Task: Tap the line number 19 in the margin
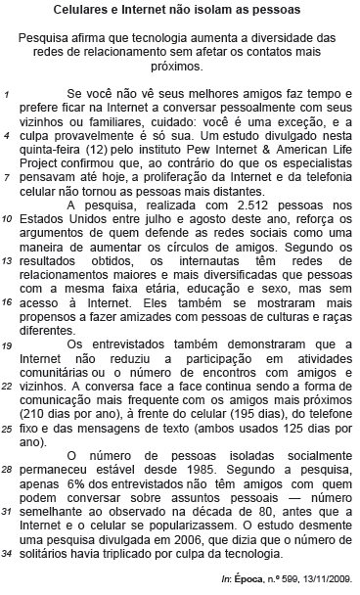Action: [x=9, y=345]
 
